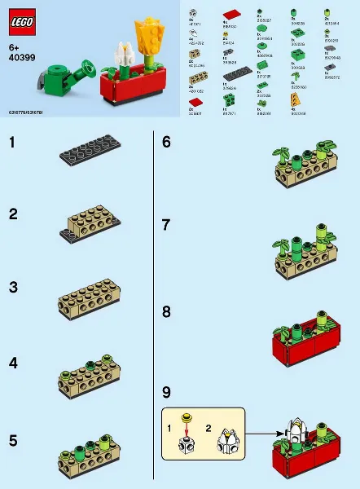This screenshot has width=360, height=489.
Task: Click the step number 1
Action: tap(12, 143)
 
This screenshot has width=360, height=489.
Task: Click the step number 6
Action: tap(166, 142)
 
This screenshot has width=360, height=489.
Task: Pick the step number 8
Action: tap(166, 311)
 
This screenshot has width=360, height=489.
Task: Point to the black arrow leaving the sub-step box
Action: tap(259, 434)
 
